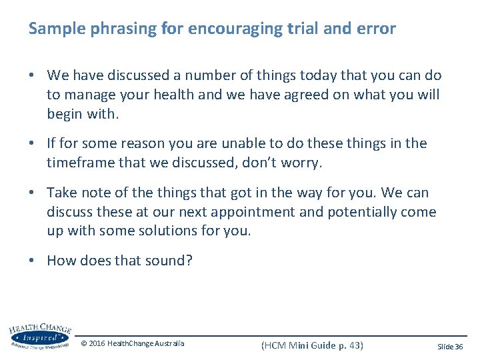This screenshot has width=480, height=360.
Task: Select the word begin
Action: pos(64,113)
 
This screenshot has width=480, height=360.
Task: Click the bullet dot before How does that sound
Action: pos(32,261)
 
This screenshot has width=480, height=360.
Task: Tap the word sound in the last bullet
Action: pos(169,261)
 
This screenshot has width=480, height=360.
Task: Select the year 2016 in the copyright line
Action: pos(97,344)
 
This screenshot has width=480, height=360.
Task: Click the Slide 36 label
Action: pos(449,346)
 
